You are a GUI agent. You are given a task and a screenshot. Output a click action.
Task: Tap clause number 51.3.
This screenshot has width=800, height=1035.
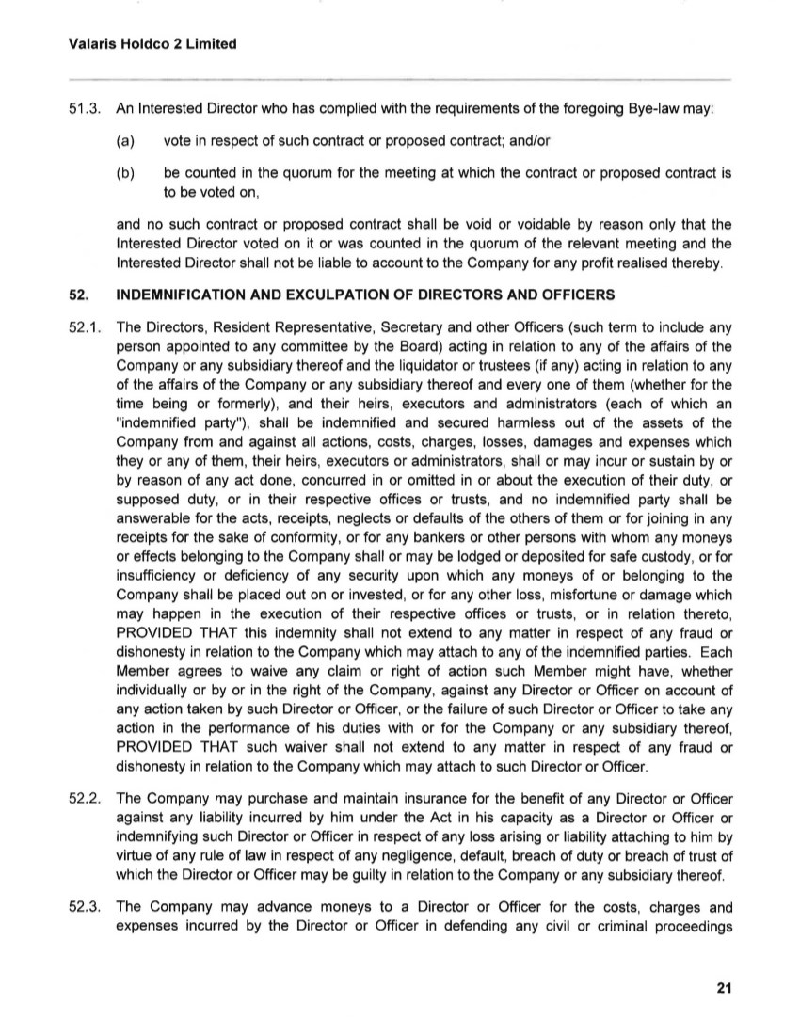(x=86, y=109)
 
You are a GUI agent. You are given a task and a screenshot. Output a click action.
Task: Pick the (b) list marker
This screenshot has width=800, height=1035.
(x=124, y=174)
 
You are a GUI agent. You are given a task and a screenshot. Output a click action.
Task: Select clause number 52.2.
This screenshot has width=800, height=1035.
(x=86, y=799)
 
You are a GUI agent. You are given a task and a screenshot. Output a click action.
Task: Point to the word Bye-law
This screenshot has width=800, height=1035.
(x=656, y=109)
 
